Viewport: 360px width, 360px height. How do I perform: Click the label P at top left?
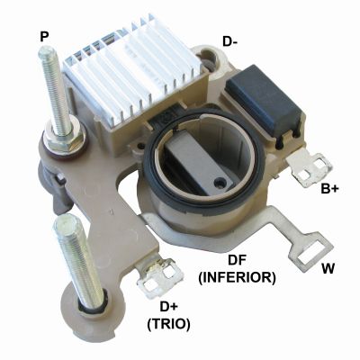tap(44, 37)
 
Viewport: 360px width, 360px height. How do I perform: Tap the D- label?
tap(230, 41)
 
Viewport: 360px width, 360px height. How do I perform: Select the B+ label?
tap(330, 189)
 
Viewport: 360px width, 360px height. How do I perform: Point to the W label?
tap(328, 268)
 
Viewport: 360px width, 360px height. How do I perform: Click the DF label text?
tap(237, 260)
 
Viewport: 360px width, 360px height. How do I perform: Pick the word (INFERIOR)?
tap(237, 278)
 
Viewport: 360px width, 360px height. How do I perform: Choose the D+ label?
tap(169, 307)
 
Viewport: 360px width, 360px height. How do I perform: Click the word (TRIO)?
tap(169, 324)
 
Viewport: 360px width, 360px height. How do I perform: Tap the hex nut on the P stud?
tap(65, 139)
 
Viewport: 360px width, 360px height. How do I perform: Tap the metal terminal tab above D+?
tap(160, 279)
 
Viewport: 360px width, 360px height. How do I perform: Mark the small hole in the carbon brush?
tap(222, 182)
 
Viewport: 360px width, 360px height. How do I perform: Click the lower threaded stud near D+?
tap(78, 258)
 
